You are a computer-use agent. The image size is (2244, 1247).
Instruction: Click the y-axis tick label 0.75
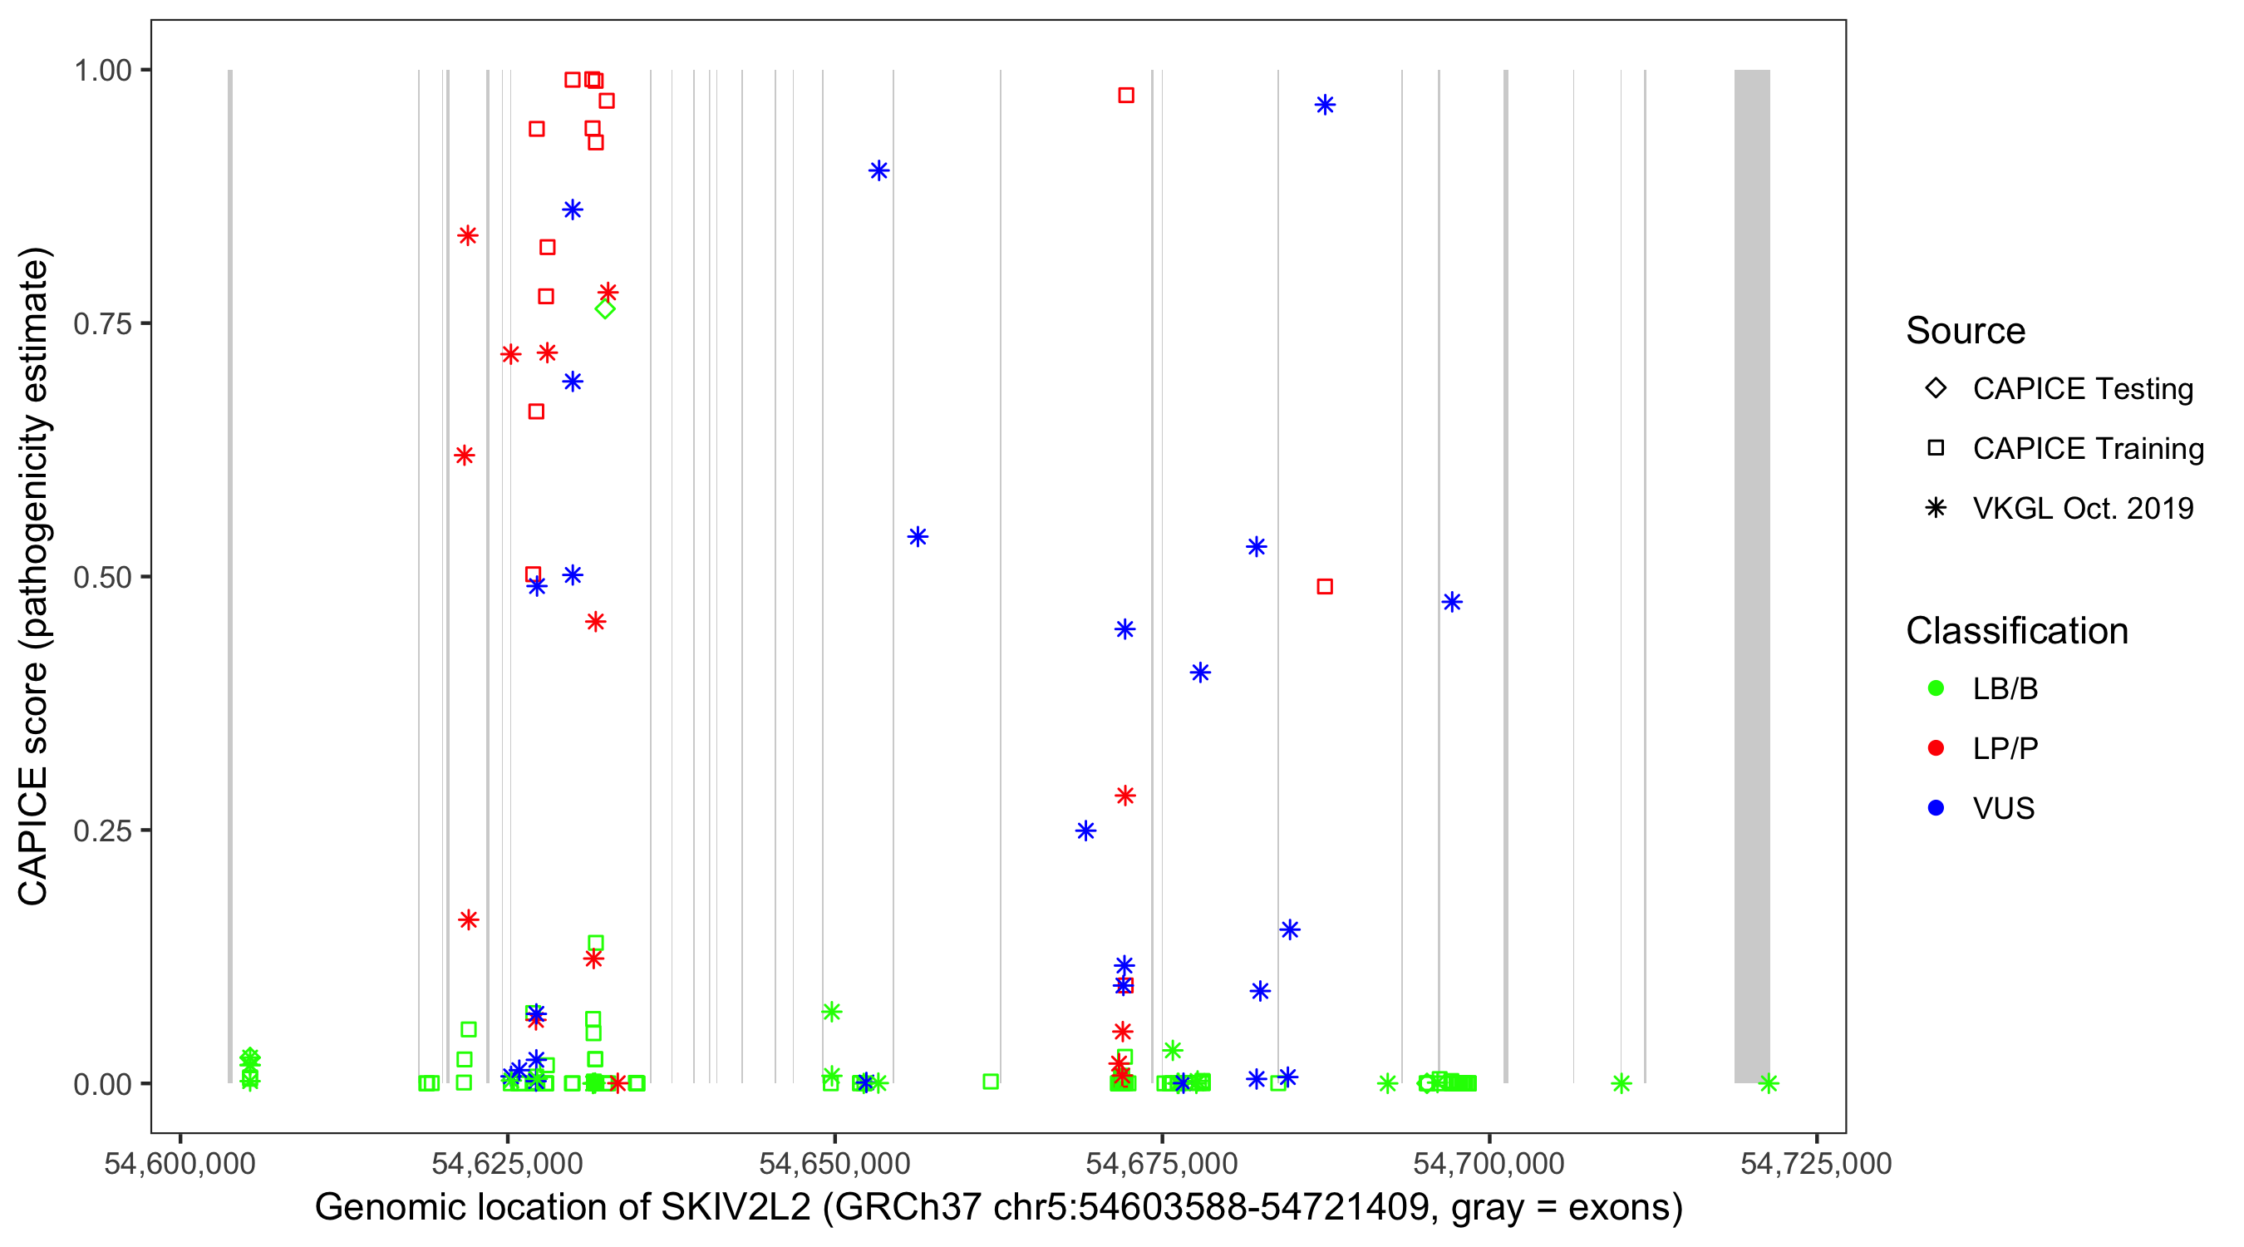coord(101,324)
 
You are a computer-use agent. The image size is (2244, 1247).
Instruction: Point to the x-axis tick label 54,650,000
coord(834,1164)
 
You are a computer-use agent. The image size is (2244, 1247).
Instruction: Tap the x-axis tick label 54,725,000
coord(1815,1164)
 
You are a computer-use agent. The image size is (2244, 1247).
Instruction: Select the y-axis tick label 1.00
coord(101,71)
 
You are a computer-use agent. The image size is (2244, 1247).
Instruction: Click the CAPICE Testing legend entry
coord(2082,389)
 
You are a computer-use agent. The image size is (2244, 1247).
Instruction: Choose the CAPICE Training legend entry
coord(2087,449)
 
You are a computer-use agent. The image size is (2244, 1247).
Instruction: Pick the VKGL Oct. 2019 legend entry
coord(2082,509)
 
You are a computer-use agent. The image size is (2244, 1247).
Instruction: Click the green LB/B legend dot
coord(1936,688)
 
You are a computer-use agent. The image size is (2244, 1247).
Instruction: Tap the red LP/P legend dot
coord(1936,748)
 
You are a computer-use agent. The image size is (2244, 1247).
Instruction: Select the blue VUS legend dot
coord(1936,808)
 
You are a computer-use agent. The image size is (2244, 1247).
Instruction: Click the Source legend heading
coord(1966,331)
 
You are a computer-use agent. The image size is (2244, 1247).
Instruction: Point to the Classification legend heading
coord(2016,631)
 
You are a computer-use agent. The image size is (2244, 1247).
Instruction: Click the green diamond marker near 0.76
coord(604,308)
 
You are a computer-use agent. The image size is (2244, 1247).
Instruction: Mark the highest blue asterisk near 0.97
coord(1325,106)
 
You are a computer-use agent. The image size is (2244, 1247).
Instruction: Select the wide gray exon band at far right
coord(1752,575)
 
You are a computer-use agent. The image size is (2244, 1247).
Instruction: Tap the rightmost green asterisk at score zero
coord(1769,1083)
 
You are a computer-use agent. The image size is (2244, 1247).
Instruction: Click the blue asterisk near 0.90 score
coord(879,170)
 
